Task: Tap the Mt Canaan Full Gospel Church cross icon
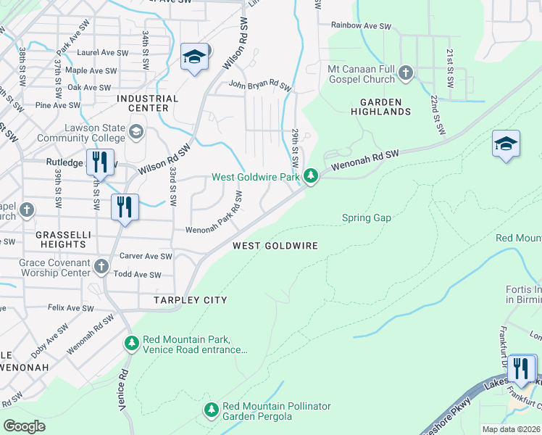(406, 72)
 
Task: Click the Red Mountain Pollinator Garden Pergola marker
(212, 411)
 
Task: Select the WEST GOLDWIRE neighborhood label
(275, 246)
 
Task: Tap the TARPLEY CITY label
(190, 299)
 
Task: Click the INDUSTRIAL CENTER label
(147, 103)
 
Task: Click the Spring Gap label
(366, 217)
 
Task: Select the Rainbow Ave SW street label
(361, 25)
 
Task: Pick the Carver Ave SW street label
(146, 256)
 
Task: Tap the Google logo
(25, 426)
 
